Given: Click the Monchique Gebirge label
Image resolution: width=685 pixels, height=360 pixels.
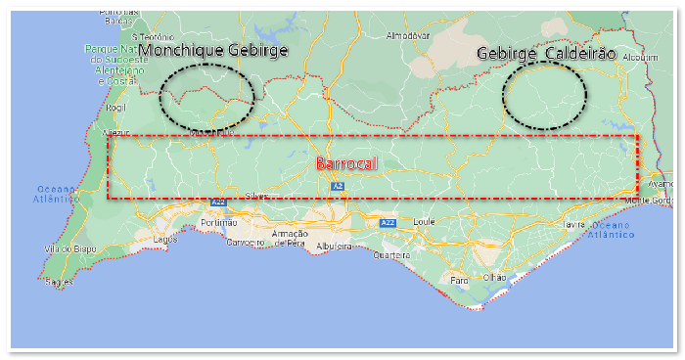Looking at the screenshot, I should point(214,51).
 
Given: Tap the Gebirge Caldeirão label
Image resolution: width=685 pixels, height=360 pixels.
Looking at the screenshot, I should point(546,54).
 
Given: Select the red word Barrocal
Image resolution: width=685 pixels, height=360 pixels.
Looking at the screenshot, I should point(346,164).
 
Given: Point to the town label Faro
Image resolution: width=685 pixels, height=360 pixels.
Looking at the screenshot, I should point(459,280).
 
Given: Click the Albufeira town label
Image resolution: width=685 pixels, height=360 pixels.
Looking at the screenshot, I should point(334,245).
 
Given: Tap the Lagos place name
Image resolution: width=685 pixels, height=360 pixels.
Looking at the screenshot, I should point(164,238).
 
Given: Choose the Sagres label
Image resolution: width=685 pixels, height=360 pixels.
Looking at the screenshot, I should point(59,283).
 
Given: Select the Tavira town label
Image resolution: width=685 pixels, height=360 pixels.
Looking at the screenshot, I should point(574,224).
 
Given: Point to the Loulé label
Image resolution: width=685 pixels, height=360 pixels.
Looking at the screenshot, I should point(423,222).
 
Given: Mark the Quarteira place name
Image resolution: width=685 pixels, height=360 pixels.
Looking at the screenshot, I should point(392,255).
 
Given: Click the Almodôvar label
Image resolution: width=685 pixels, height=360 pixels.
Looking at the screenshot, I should point(409,35).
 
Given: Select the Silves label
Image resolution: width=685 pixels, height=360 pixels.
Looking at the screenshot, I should point(256,197).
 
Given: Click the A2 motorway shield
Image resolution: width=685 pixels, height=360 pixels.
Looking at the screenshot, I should point(338,186).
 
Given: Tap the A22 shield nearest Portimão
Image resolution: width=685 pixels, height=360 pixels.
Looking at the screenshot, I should point(218,202).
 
